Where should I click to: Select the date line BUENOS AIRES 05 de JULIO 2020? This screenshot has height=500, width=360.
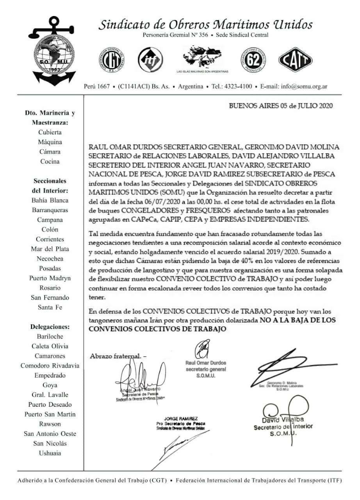(x=280, y=106)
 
